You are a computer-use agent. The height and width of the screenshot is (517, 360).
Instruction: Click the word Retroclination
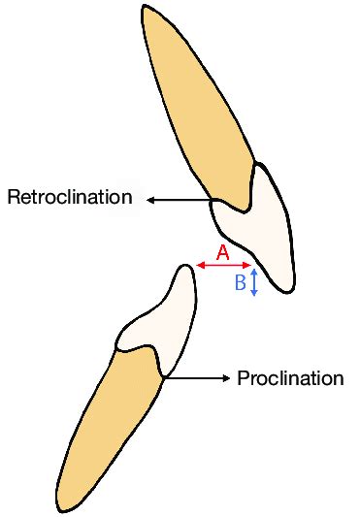69,198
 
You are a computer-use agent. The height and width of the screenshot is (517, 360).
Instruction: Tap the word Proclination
290,378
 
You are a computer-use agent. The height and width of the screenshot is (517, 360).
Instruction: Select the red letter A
221,252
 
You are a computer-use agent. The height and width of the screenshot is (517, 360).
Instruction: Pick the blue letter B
240,283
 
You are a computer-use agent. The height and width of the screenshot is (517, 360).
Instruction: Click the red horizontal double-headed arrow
223,265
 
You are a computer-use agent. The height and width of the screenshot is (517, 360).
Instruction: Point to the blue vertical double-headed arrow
253,282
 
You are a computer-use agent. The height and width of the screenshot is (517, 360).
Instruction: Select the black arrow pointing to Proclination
198,378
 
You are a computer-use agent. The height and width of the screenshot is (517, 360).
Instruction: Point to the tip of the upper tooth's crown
286,289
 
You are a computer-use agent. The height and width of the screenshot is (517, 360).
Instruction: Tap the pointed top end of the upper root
146,9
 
